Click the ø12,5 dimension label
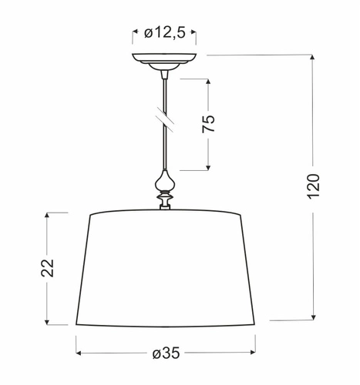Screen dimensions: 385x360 (164, 34)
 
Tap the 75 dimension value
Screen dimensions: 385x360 (207, 124)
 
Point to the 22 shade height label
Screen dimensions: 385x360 (47, 267)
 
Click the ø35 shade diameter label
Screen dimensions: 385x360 (166, 353)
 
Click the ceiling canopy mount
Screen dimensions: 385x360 (163, 60)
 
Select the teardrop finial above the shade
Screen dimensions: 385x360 (163, 183)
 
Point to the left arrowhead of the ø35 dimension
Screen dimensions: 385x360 (79, 353)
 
